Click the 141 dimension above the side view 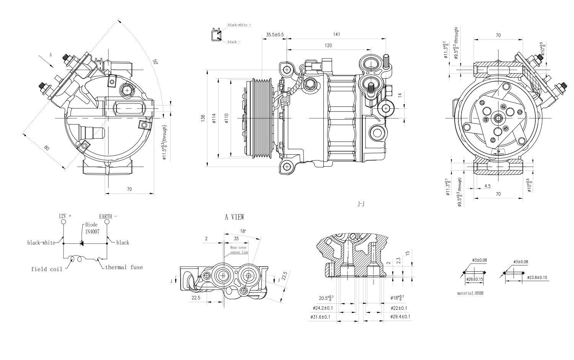coord(336,34)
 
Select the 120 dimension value coord(328,46)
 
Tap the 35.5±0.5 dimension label coord(275,35)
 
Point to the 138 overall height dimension coord(203,119)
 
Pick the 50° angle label coord(155,62)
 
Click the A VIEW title coord(234,217)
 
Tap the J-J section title coord(361,205)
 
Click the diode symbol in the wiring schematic coord(82,243)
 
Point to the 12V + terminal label coord(65,216)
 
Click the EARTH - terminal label coord(108,216)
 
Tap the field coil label coord(46,269)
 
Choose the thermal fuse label coord(124,267)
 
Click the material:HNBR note coord(471,293)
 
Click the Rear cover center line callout coord(239,250)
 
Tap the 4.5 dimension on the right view coord(488,186)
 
